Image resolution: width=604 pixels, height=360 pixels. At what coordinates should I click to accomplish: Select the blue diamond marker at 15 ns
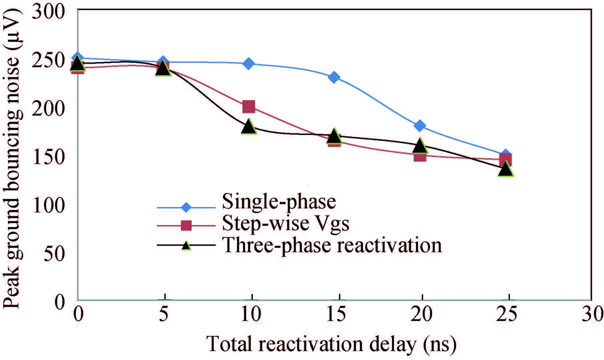point(334,77)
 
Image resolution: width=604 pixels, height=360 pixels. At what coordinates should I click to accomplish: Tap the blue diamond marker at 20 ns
point(420,126)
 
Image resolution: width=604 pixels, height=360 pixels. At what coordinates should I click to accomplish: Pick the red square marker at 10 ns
point(248,107)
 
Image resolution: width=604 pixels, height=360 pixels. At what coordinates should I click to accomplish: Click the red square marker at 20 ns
point(420,156)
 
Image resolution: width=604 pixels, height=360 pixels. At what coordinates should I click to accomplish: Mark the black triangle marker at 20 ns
point(420,146)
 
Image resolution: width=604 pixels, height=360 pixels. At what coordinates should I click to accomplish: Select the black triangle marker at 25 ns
point(506,170)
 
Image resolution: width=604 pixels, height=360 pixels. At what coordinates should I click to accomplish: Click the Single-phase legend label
point(279,201)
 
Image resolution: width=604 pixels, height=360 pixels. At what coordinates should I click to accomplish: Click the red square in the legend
point(186,225)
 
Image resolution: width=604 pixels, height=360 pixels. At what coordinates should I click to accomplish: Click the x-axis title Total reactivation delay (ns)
point(332,344)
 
